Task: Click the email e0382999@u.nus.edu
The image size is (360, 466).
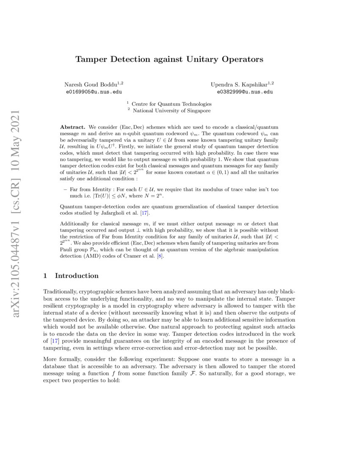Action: click(245, 91)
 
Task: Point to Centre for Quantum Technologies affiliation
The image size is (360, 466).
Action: click(171, 104)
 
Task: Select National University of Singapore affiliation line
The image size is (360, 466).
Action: click(171, 111)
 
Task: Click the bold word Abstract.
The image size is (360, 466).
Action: click(73, 127)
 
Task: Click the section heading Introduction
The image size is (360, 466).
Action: click(77, 276)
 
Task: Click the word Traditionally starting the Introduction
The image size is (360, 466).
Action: click(59, 292)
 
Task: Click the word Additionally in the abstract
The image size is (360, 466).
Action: click(75, 223)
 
